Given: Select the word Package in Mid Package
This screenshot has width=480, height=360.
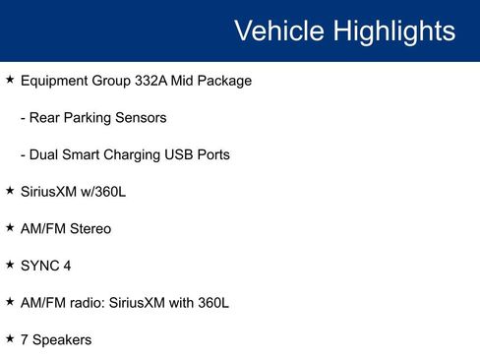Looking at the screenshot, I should (222, 81).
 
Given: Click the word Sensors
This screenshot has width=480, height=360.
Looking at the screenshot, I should (142, 118).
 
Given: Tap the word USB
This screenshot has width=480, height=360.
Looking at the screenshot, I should (195, 154).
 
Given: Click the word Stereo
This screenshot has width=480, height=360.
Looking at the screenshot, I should (89, 228).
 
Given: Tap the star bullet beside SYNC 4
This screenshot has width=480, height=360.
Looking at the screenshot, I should (10, 265).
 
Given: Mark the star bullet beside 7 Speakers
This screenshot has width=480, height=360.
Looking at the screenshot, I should (10, 338).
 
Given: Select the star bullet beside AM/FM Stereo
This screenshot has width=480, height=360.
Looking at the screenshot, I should (10, 227).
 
